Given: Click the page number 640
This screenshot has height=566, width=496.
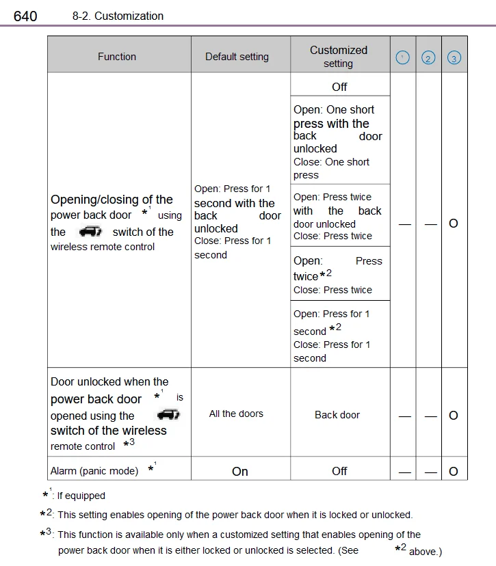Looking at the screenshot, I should pos(25,15).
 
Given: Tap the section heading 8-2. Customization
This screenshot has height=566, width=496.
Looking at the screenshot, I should pos(118,16).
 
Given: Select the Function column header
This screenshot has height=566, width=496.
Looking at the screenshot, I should pos(117,57).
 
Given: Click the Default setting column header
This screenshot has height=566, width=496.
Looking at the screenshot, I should pos(237,57).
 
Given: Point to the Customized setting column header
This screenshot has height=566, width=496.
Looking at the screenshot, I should pos(339,56).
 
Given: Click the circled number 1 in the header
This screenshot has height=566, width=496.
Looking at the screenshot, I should pos(403,58).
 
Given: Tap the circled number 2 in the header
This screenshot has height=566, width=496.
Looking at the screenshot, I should pos(428,58).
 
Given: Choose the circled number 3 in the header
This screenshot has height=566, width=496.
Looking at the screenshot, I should pos(454,58).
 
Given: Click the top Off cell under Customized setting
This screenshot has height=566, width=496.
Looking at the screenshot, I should pos(339,87).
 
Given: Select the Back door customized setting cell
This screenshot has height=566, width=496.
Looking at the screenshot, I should pos(337,415).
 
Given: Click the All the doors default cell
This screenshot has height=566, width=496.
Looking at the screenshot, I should pos(236,414).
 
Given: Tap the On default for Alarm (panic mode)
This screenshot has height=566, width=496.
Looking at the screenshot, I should pos(240,472).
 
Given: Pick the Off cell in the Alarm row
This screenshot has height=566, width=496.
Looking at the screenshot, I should pos(339,471).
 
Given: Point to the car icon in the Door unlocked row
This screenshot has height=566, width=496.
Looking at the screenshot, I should pos(168,414).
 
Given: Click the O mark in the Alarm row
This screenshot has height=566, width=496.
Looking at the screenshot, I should pos(454,471).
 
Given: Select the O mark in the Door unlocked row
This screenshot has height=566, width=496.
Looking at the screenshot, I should pos(454,416).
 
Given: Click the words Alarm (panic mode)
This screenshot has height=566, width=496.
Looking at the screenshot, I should pos(94,471).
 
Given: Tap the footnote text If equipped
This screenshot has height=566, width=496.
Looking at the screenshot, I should pos(81,496).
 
